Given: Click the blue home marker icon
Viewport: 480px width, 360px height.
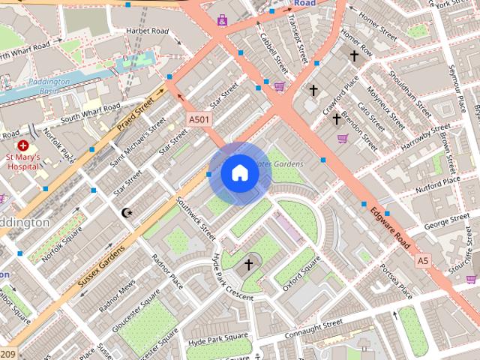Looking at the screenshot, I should [239, 173].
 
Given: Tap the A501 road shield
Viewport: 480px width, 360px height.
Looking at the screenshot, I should [199, 119].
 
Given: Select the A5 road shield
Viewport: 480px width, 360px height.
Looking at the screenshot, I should [424, 260].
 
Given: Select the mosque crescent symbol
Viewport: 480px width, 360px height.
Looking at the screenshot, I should [127, 213].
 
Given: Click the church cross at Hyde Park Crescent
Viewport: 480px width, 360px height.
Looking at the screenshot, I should [249, 265].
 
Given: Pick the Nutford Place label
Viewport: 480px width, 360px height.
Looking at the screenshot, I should [439, 181].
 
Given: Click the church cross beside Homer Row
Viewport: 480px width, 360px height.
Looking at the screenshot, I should [354, 55].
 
